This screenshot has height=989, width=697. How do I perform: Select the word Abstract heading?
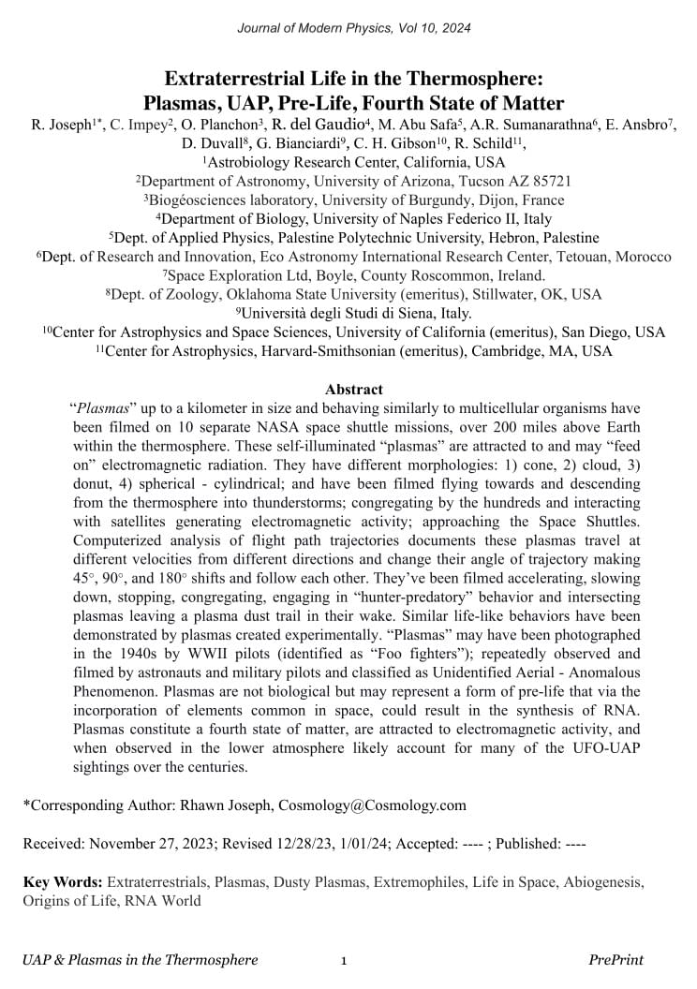[x=353, y=389]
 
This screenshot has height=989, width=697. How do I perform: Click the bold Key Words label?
[x=63, y=882]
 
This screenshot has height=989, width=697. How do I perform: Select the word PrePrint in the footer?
[x=615, y=960]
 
